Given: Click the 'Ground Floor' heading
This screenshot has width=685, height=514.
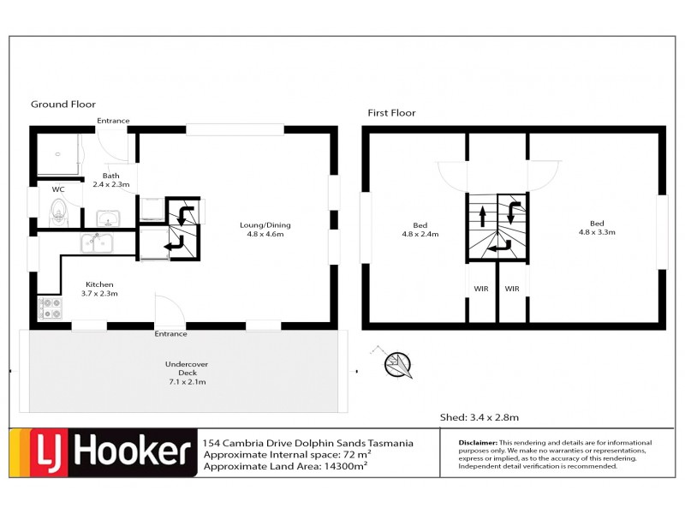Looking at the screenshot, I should pos(63,105).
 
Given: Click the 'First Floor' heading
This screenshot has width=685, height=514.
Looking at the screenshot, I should pos(391,113).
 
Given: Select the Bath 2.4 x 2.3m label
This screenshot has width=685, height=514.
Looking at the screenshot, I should pos(110,180).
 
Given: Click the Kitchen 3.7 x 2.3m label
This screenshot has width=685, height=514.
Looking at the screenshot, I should pos(99,289).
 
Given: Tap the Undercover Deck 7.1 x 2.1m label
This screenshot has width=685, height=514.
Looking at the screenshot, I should pos(187,373).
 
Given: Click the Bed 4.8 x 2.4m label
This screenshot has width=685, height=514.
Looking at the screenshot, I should pos(420,231).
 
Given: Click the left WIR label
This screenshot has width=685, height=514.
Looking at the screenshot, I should pos(481,289).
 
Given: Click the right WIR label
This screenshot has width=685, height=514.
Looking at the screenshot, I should pos(512,289).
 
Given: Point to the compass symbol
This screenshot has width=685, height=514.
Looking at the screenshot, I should pos(396,364).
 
